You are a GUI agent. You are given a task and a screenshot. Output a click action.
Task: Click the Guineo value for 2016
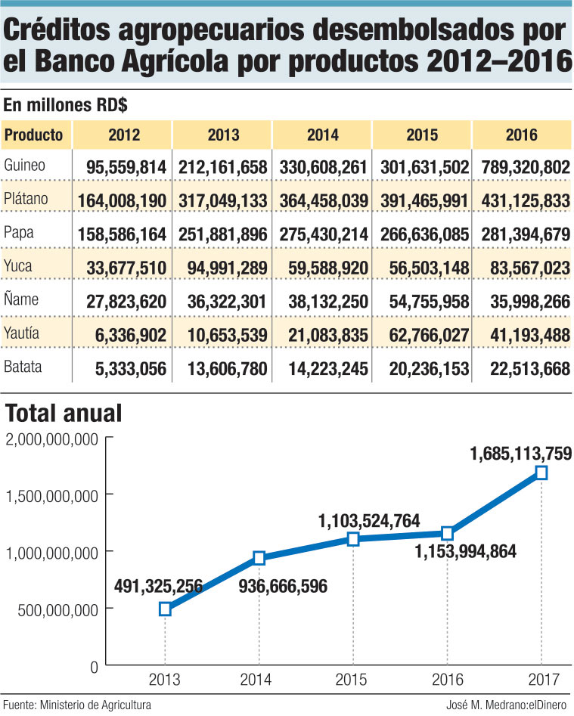(521, 167)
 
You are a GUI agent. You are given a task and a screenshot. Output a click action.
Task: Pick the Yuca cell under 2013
(222, 268)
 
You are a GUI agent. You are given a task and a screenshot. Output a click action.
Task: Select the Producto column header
(36, 135)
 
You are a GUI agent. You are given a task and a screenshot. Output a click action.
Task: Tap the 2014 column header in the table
(323, 135)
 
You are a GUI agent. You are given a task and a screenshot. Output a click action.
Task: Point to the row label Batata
(23, 368)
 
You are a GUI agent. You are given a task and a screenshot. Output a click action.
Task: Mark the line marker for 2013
(165, 609)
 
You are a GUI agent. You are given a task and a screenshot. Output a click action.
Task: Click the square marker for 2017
(541, 473)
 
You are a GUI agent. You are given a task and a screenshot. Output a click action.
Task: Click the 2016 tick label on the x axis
(447, 680)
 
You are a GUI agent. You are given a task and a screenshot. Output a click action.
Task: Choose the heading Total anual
(63, 414)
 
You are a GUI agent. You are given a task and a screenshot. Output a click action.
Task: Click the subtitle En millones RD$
(54, 105)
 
